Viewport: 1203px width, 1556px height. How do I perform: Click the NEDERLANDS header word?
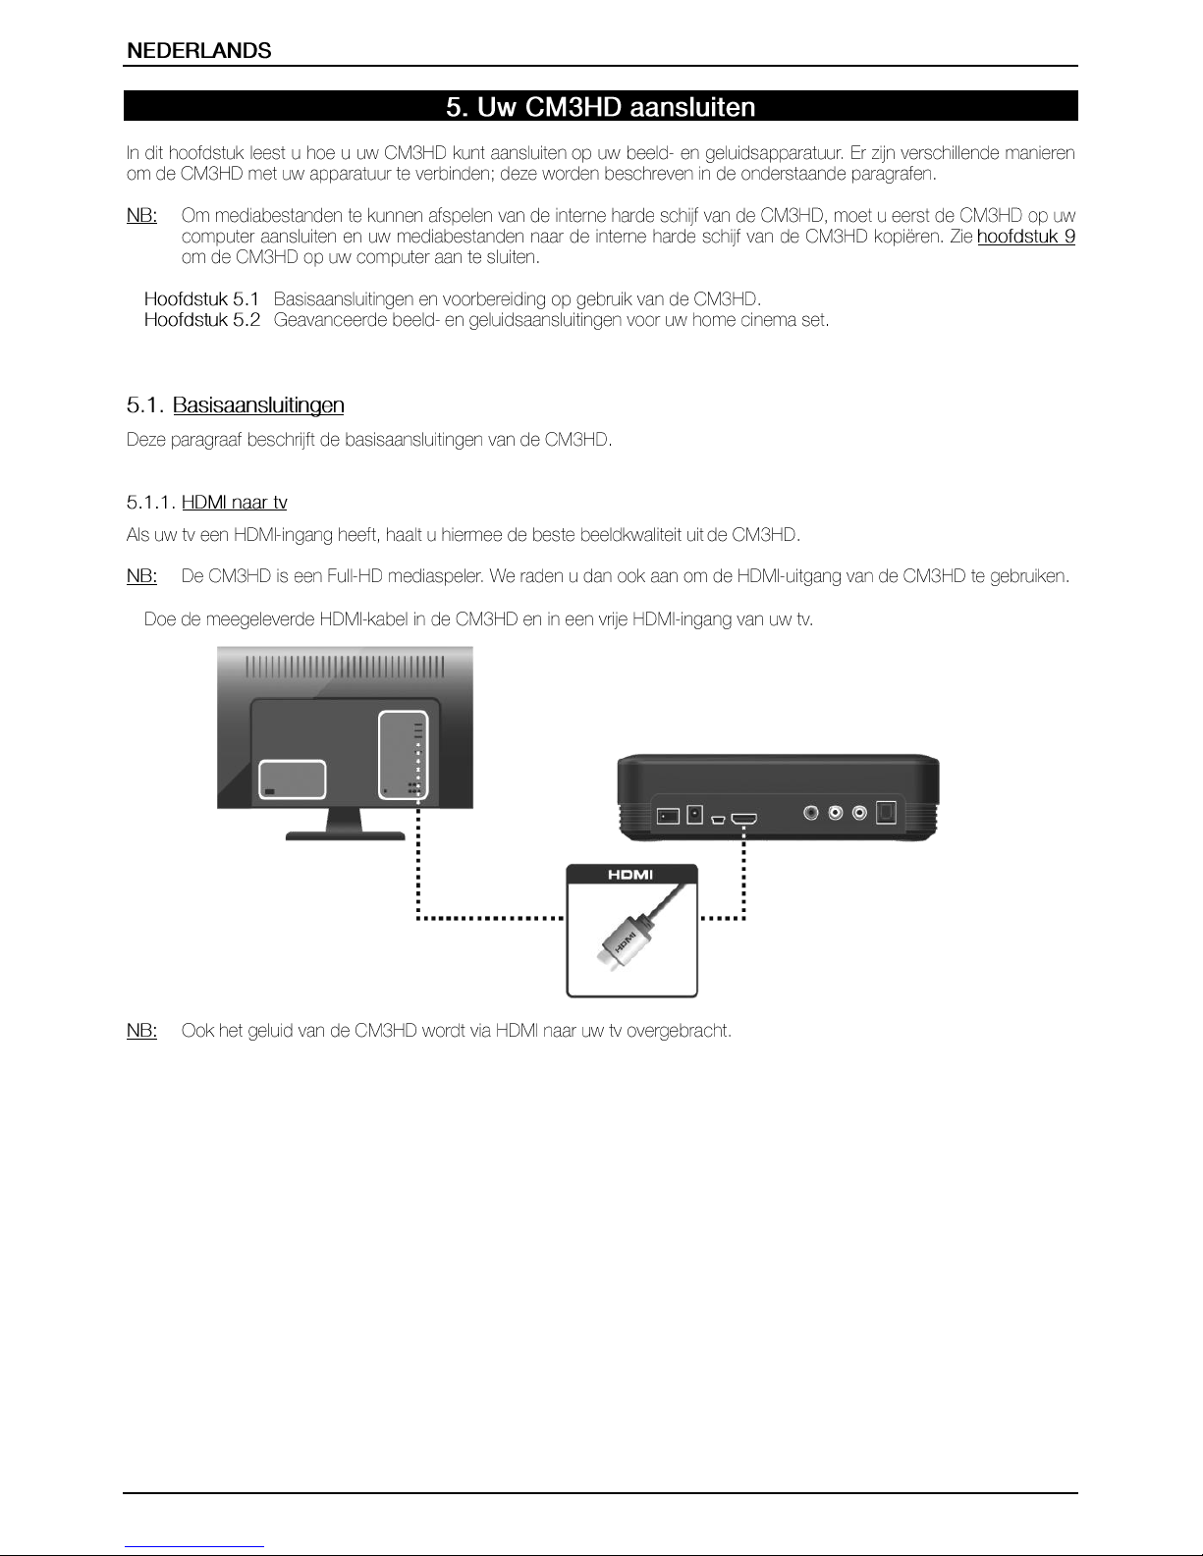pyautogui.click(x=199, y=51)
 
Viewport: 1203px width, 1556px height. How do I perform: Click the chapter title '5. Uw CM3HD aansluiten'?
pyautogui.click(x=600, y=107)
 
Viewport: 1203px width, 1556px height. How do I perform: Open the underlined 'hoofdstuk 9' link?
pyautogui.click(x=1025, y=237)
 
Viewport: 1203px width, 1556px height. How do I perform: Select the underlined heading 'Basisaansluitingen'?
pyautogui.click(x=258, y=405)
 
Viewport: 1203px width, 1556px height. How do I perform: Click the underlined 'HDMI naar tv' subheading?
pyautogui.click(x=235, y=503)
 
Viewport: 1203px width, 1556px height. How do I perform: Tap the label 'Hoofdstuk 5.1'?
pyautogui.click(x=201, y=298)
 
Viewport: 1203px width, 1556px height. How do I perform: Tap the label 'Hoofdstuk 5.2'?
pyautogui.click(x=201, y=320)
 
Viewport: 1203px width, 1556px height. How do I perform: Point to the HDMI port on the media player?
pyautogui.click(x=743, y=817)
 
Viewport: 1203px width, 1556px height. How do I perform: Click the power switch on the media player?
pyautogui.click(x=668, y=815)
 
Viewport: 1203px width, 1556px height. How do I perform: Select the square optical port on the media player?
pyautogui.click(x=886, y=814)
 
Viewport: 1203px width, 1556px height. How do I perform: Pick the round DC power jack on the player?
pyautogui.click(x=695, y=814)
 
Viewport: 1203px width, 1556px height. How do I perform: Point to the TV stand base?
pyautogui.click(x=345, y=835)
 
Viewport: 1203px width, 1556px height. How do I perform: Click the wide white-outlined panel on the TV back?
pyautogui.click(x=293, y=779)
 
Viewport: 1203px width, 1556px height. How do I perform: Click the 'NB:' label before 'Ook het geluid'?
pyautogui.click(x=141, y=1031)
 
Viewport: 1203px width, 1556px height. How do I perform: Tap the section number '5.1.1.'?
pyautogui.click(x=151, y=503)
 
